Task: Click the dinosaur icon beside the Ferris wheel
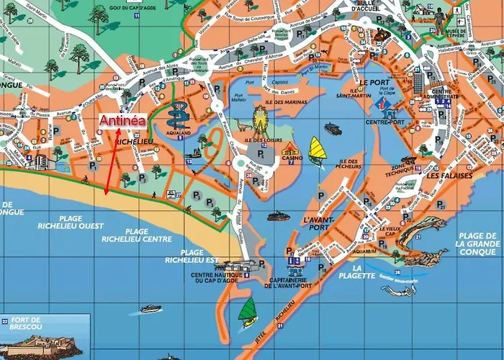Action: point(238,127)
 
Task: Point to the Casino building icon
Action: point(290,150)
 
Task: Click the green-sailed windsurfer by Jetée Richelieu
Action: point(249,310)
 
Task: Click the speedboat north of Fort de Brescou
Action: point(151,308)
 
